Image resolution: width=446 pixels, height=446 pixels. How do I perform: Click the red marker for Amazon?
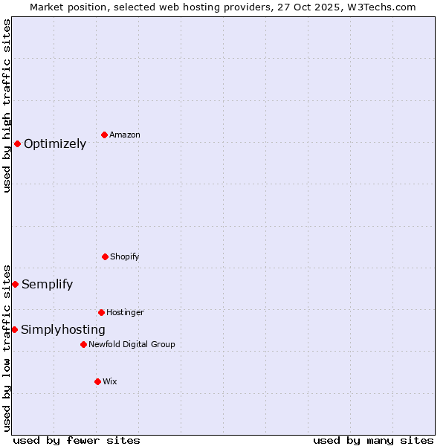(104, 135)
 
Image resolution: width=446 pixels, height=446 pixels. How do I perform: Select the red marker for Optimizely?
(17, 143)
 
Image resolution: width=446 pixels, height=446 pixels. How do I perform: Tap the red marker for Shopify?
(105, 256)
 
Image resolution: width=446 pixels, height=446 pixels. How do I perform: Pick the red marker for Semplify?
(15, 284)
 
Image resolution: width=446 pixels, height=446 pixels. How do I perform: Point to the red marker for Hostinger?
(101, 312)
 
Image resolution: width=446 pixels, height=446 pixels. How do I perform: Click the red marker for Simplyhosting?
(14, 329)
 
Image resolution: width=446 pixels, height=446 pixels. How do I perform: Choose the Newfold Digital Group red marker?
(83, 344)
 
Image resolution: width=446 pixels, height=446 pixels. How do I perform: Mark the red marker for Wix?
(97, 381)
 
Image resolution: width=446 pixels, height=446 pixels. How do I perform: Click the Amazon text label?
(125, 135)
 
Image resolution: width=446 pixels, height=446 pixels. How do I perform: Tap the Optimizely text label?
(55, 144)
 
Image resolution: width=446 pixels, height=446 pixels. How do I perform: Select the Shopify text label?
(125, 256)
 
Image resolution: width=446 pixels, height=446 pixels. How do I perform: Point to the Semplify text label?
(47, 284)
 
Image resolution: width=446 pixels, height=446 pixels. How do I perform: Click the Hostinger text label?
(125, 312)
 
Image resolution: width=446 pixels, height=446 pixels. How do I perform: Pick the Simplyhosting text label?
(63, 330)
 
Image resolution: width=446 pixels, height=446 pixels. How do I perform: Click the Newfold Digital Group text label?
(132, 344)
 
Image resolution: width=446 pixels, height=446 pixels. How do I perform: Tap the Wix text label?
(110, 381)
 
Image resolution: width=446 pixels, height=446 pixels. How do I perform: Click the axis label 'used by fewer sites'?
(77, 440)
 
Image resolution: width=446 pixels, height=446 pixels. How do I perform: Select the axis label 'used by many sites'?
(373, 440)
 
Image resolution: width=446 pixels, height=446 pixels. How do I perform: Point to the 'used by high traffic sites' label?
(7, 106)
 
